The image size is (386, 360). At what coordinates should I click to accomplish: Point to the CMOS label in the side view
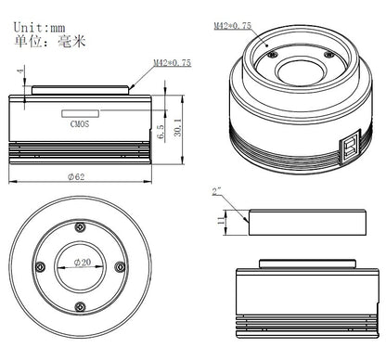pyautogui.click(x=81, y=119)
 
